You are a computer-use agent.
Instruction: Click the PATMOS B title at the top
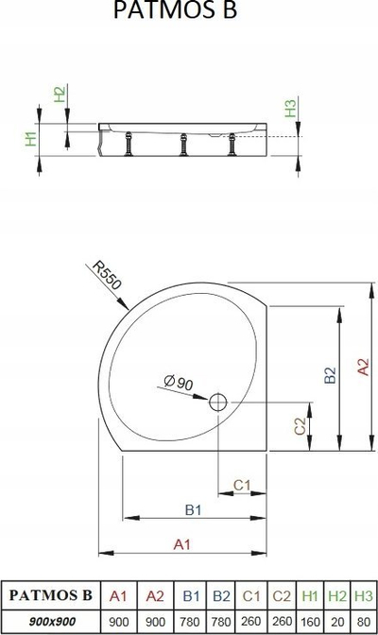tap(175, 9)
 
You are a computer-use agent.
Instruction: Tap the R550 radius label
tap(107, 276)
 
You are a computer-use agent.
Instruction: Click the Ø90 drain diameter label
tap(179, 382)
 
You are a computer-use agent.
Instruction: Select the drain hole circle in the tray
tap(218, 403)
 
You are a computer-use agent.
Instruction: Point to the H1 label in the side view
tap(31, 139)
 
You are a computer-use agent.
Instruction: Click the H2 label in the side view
tap(60, 94)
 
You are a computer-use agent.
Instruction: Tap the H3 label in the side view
tap(290, 109)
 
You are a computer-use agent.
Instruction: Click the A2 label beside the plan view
tap(364, 367)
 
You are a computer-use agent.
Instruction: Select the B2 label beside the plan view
tap(330, 374)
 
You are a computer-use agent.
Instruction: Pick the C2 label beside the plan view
tap(300, 426)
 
